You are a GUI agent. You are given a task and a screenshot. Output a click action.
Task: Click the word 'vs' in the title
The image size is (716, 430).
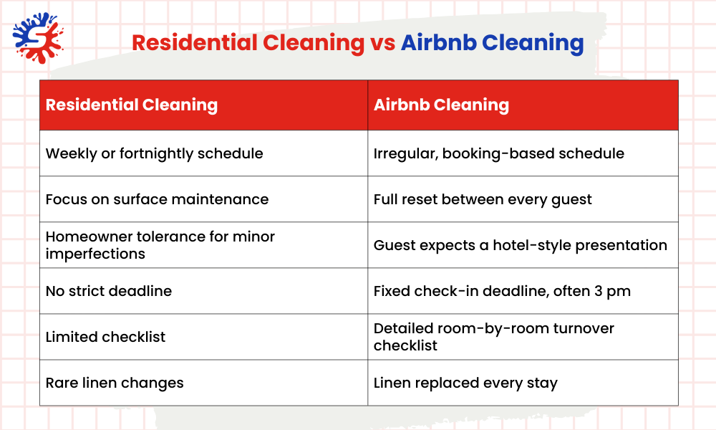382,42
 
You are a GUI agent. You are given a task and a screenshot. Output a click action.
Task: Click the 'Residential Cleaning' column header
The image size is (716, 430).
131,105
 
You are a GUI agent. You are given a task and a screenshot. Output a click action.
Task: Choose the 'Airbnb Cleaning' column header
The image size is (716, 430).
441,105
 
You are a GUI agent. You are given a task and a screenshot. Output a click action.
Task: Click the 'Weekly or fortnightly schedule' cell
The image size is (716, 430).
154,153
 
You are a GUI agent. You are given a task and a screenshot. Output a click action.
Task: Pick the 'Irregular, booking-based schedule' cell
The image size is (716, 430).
498,153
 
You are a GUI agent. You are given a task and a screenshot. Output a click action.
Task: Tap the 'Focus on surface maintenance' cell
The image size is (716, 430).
157,199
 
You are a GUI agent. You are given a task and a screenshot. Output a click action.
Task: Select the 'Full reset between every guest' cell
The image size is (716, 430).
483,199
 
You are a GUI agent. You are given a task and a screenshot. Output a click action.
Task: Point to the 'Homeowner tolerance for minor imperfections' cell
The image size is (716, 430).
160,245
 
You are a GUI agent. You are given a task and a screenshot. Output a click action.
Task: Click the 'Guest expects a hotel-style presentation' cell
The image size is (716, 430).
520,245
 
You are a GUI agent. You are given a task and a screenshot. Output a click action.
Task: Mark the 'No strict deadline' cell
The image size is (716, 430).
108,291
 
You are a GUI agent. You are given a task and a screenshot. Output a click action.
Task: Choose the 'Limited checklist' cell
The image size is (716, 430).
105,337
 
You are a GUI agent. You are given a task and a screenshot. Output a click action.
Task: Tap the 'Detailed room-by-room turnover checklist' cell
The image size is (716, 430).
493,337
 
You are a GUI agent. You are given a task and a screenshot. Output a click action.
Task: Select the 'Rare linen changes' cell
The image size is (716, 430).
115,383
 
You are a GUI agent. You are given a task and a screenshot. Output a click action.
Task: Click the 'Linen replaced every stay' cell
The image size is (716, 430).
465,383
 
